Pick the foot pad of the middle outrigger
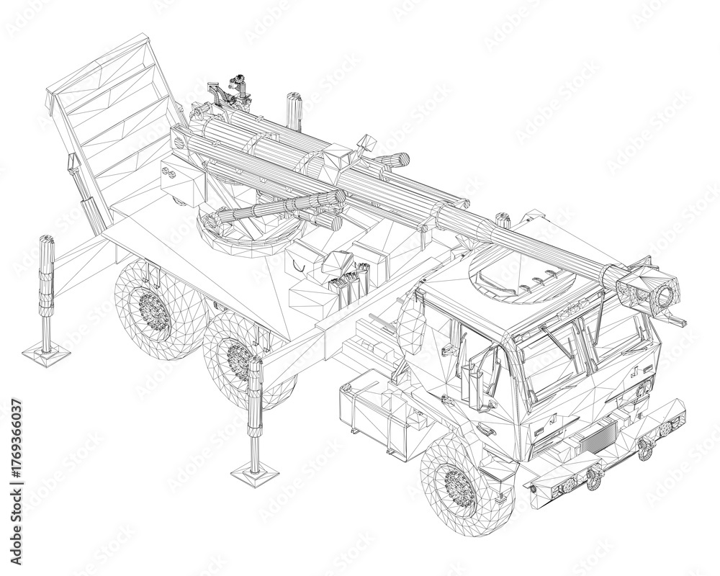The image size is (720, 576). tap(255, 471)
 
